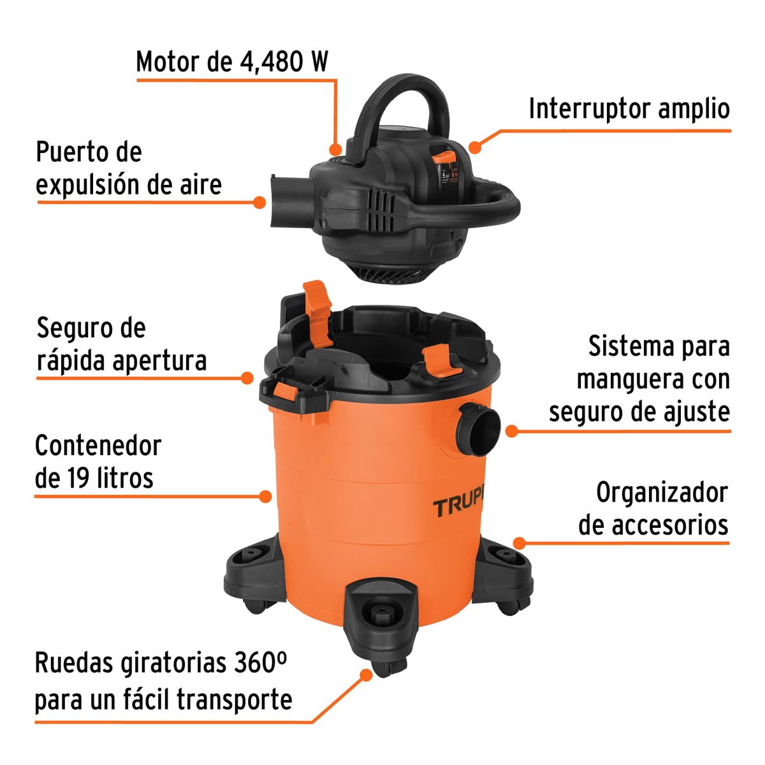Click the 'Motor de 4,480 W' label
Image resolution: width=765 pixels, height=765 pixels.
click(x=232, y=62)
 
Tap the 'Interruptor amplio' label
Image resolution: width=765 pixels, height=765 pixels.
click(x=629, y=108)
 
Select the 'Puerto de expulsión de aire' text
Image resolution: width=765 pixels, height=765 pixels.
click(x=128, y=169)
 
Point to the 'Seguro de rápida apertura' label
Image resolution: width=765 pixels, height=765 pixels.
click(x=121, y=345)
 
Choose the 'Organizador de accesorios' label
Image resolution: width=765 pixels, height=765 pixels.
click(x=653, y=509)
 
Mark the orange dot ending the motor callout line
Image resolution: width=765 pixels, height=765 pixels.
click(x=335, y=150)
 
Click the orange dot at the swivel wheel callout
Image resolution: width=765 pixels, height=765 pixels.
click(x=365, y=674)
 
